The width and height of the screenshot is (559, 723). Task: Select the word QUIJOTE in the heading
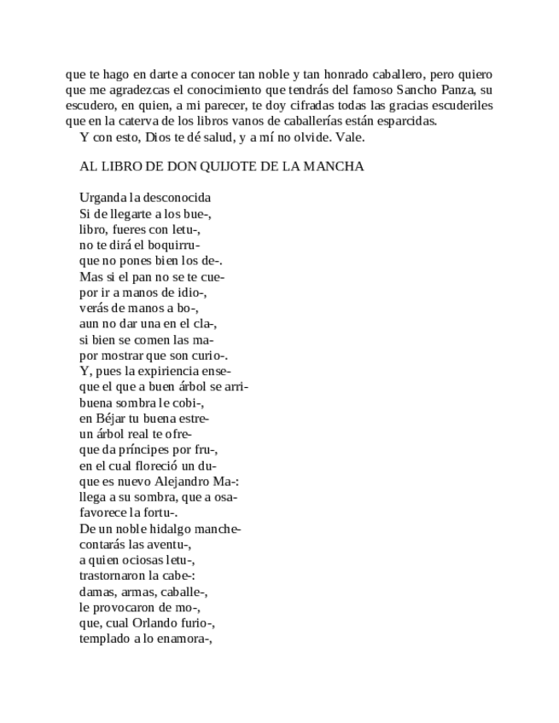224,166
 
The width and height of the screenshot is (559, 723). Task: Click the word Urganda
102,199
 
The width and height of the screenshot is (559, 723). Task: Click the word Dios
159,136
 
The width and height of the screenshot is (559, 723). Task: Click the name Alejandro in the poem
181,482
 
